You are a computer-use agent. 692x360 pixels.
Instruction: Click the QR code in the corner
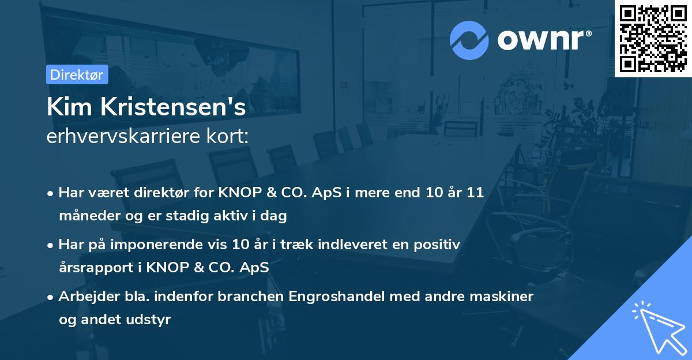pyautogui.click(x=653, y=38)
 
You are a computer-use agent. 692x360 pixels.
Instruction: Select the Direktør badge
pyautogui.click(x=77, y=74)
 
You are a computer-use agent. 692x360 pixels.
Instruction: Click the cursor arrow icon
pyautogui.click(x=657, y=327)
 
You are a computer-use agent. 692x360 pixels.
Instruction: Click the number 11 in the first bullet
pyautogui.click(x=475, y=193)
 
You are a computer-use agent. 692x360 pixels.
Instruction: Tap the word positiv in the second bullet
pyautogui.click(x=438, y=245)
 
